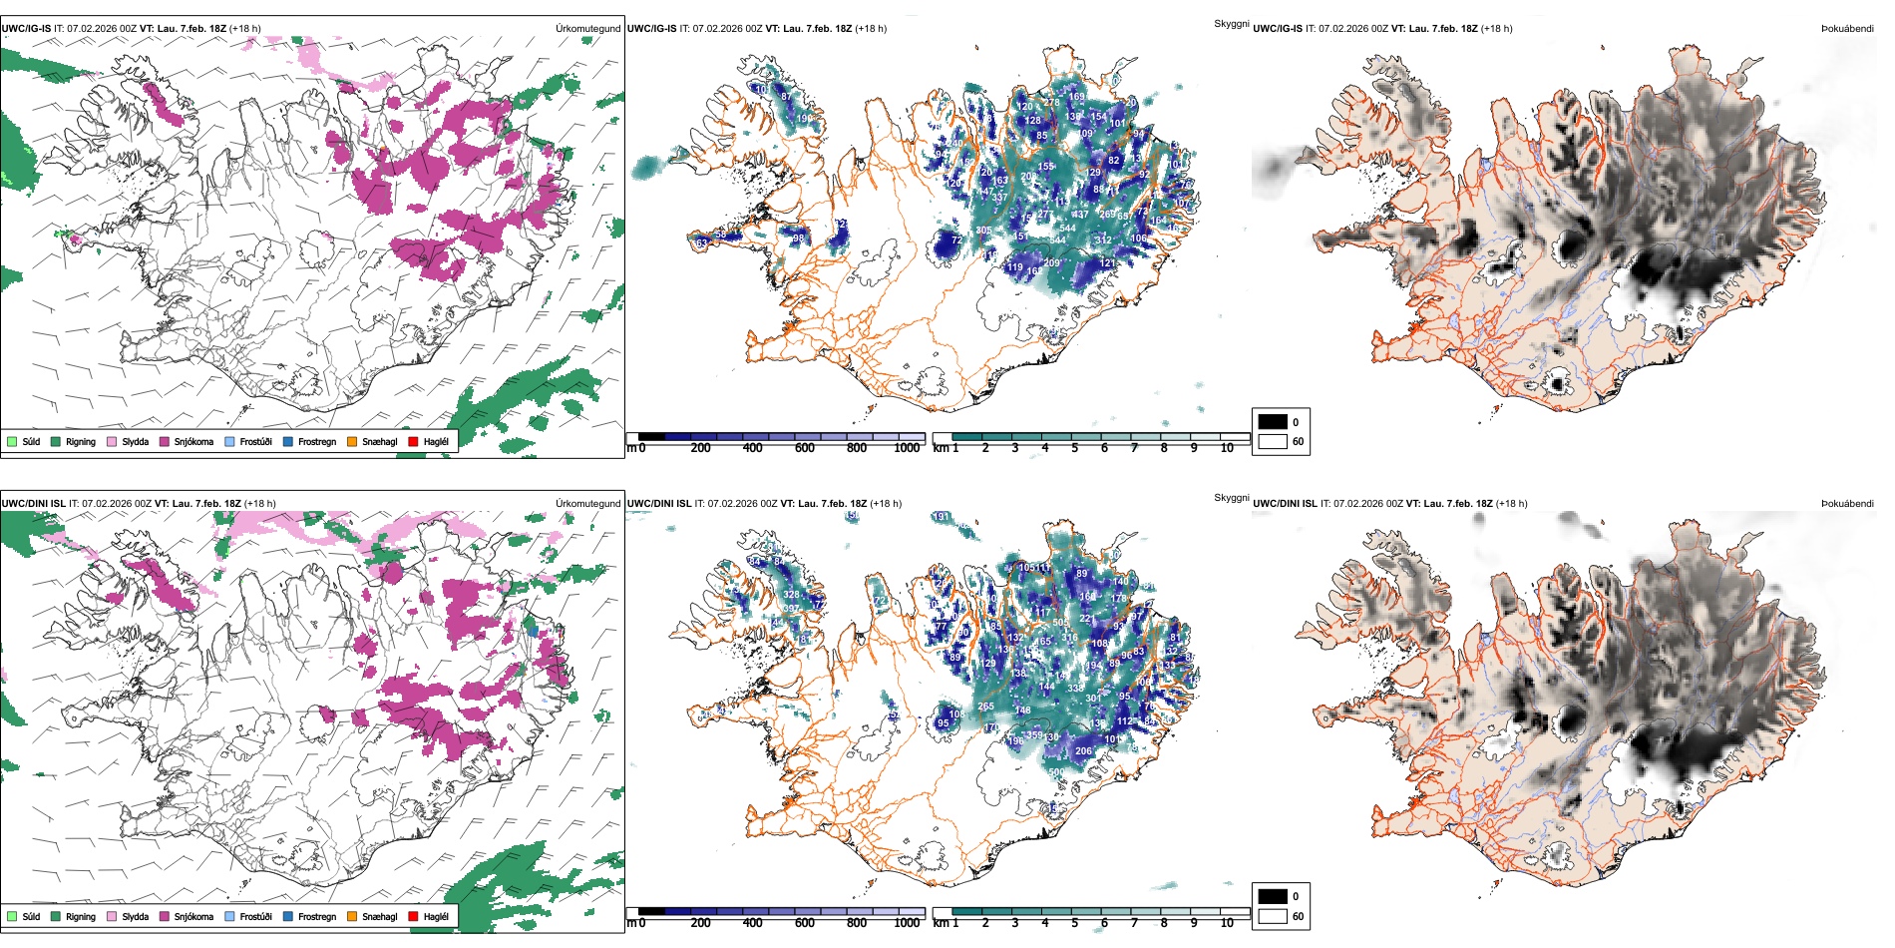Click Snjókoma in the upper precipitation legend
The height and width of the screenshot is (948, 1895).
coord(193,441)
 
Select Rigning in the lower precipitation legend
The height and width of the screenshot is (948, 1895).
coord(80,916)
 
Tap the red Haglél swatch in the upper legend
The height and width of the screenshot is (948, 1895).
coord(413,441)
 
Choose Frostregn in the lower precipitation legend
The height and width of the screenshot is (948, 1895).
coord(316,916)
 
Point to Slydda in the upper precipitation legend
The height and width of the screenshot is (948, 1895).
coord(135,441)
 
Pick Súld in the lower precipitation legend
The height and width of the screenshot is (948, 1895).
coord(31,916)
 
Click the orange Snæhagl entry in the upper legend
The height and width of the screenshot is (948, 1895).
coord(379,441)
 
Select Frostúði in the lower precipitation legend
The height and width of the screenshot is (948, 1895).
coord(255,916)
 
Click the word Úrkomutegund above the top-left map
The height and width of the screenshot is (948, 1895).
coord(587,28)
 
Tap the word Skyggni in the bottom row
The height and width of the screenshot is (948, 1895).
coord(1231,497)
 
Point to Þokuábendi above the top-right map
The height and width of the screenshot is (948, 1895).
coord(1847,28)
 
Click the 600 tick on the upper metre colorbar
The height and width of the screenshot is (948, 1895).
coord(805,448)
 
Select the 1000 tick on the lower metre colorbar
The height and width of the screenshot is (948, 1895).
coord(907,923)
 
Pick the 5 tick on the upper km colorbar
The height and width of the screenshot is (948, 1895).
coord(1075,448)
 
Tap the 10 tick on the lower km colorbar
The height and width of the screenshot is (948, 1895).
coord(1227,923)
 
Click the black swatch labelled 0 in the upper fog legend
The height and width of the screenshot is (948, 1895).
coord(1273,422)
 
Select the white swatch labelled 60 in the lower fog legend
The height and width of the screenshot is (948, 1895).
coord(1273,916)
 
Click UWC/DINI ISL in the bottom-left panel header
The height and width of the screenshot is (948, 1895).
coord(33,503)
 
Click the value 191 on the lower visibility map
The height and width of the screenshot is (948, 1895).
coord(941,517)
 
